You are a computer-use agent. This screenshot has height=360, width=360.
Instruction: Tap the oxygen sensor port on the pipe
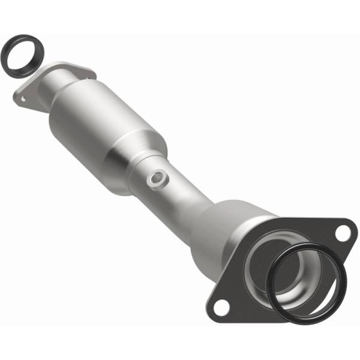[158, 178]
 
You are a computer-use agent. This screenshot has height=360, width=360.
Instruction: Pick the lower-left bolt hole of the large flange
[220, 308]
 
